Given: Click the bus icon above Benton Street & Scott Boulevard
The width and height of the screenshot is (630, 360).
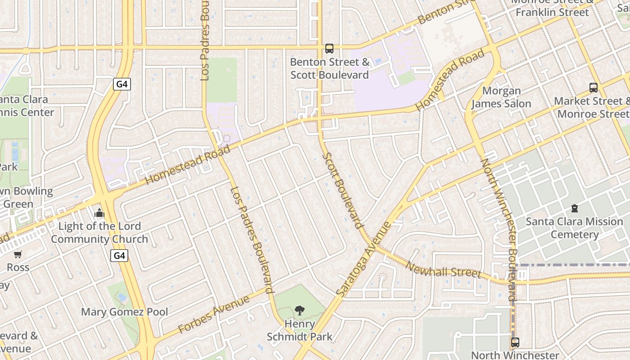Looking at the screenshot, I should (x=329, y=49).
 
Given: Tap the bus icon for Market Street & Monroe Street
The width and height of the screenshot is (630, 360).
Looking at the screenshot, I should (x=594, y=88).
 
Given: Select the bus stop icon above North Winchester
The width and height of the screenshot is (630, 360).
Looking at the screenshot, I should (x=515, y=342).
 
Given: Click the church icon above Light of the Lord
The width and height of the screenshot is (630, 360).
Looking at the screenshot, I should (x=99, y=213).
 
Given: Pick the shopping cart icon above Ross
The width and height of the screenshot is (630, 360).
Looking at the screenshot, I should (x=18, y=255).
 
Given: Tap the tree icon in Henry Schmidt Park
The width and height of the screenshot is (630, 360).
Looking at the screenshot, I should (x=299, y=310).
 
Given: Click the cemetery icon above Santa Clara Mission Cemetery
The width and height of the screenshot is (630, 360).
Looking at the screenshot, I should (x=575, y=208).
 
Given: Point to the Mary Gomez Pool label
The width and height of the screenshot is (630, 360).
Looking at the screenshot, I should (x=125, y=312).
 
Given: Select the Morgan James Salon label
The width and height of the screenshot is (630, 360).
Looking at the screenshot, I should (x=501, y=97).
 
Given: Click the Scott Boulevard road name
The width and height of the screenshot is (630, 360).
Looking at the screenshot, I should (x=343, y=190).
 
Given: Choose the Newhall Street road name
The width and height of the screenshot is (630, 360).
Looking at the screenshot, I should (x=444, y=269).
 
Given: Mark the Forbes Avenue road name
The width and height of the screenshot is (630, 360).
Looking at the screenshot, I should (x=214, y=315).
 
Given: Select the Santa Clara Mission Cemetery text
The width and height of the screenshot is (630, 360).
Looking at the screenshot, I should (x=574, y=228).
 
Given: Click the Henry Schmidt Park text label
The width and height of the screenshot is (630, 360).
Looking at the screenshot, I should (x=299, y=330).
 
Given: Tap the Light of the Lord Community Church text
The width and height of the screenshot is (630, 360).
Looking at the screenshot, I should (x=99, y=233).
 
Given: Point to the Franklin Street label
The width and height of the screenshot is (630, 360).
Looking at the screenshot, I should (x=552, y=12).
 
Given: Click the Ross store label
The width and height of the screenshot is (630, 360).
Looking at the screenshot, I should (x=18, y=267).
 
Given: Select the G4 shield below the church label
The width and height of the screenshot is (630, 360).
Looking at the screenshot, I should (x=119, y=256).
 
